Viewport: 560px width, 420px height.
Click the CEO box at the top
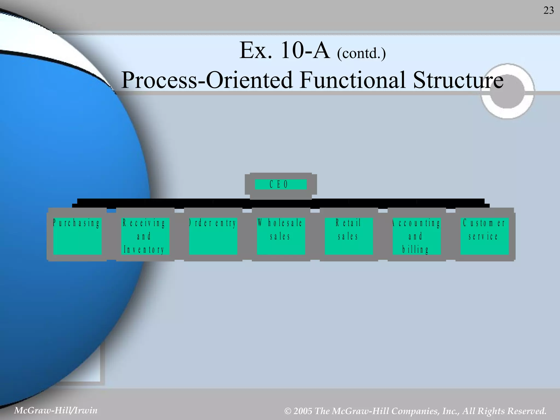(x=281, y=184)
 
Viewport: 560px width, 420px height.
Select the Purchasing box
(x=77, y=236)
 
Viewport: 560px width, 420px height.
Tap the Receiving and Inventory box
(x=145, y=236)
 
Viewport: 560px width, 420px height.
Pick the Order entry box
(x=213, y=236)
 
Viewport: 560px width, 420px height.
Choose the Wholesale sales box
(x=281, y=236)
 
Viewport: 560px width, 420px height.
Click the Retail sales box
(x=348, y=236)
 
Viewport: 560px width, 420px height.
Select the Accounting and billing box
(x=416, y=236)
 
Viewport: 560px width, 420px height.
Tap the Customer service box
(x=484, y=236)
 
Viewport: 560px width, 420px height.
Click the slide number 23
(x=548, y=10)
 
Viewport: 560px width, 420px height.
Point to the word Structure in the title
(x=458, y=80)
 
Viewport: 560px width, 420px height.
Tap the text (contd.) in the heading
(x=361, y=53)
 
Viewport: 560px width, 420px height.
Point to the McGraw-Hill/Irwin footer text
(x=56, y=410)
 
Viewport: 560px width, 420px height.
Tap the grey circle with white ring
(x=507, y=91)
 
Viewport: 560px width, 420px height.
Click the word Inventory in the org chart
(x=144, y=250)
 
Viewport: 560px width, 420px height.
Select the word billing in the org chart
(x=415, y=249)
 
